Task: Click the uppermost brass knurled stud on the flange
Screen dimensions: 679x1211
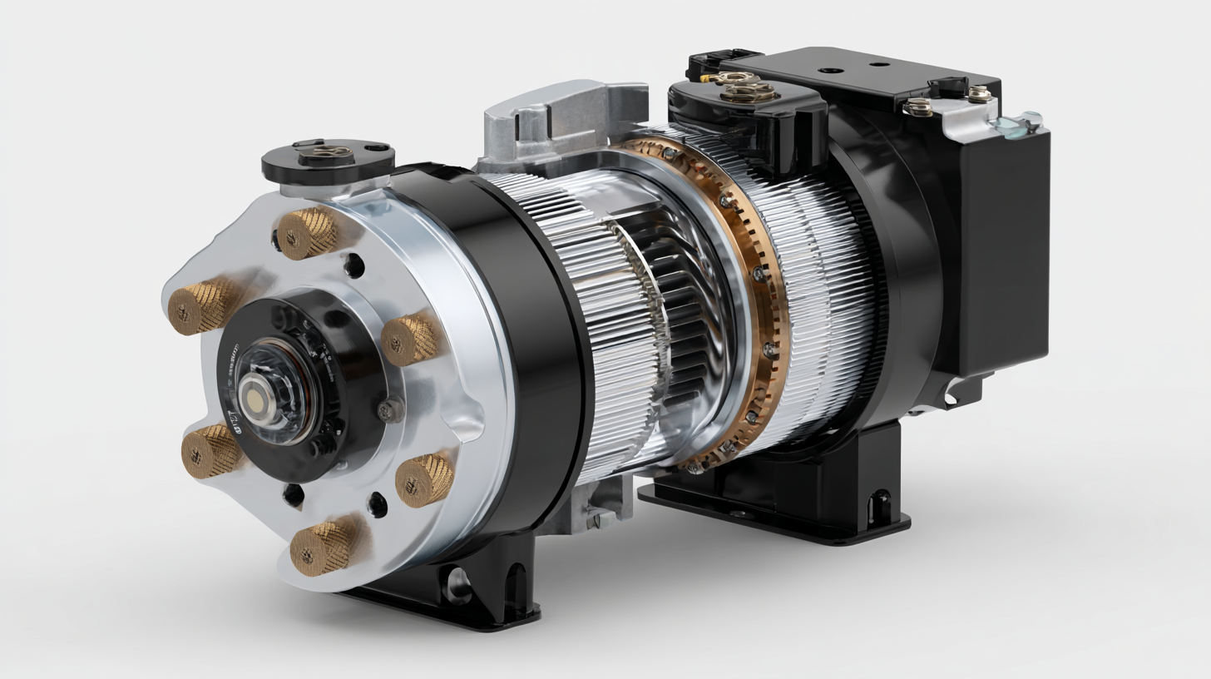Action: (306, 233)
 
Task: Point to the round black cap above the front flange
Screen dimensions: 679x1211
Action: (328, 158)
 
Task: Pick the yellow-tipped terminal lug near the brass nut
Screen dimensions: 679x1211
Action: (707, 78)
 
